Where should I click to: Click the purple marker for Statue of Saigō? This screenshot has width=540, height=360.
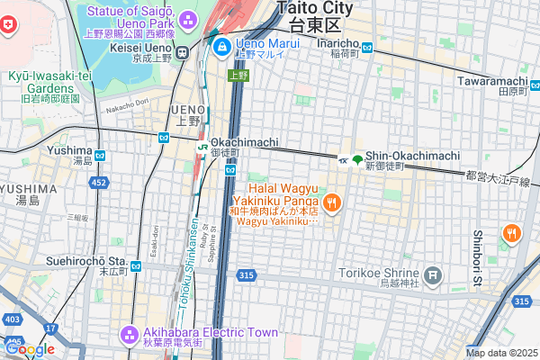[188, 19]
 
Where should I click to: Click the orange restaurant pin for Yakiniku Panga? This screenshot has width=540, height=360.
[331, 202]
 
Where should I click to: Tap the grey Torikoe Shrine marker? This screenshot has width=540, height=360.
[434, 274]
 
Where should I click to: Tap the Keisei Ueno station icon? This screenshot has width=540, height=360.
[182, 52]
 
